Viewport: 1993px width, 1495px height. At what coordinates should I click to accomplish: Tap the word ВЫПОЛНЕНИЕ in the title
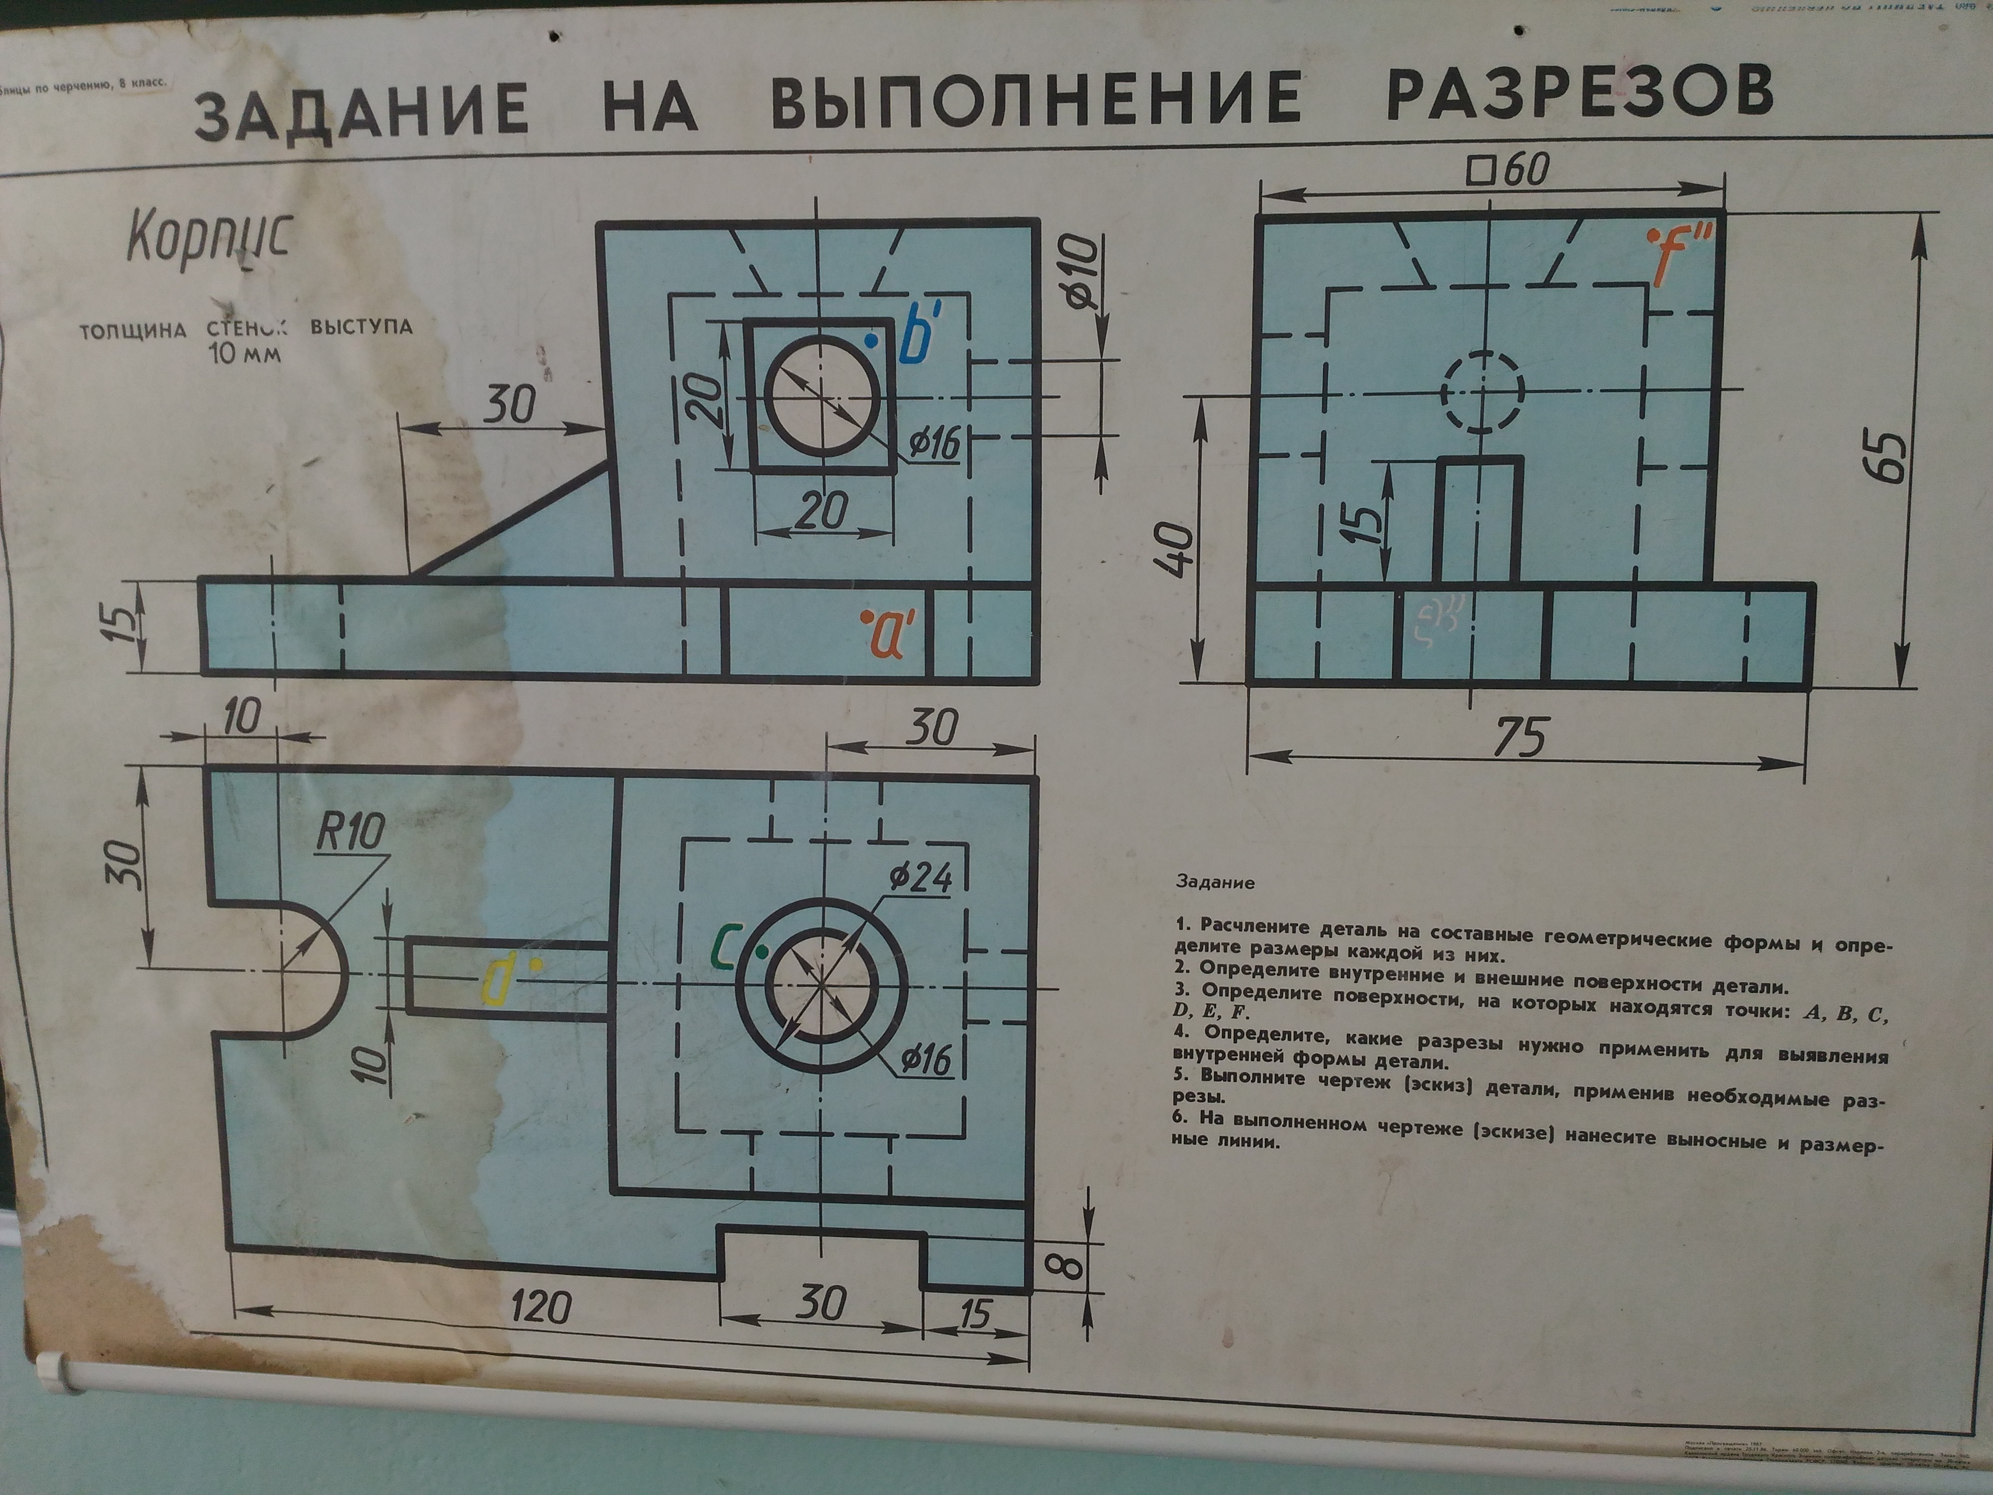pyautogui.click(x=1036, y=100)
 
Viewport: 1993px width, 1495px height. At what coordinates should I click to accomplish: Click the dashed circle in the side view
pyautogui.click(x=1482, y=392)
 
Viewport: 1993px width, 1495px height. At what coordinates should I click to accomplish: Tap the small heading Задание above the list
pyautogui.click(x=1214, y=882)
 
